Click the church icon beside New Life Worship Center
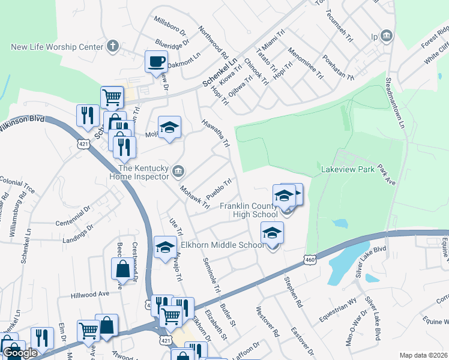[112, 46]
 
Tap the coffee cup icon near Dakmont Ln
[156, 61]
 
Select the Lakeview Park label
[348, 170]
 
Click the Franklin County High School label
[249, 210]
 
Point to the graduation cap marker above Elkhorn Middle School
[272, 232]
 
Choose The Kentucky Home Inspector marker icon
[178, 172]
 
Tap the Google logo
[20, 353]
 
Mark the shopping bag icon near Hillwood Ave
[122, 269]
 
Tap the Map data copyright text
[424, 355]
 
